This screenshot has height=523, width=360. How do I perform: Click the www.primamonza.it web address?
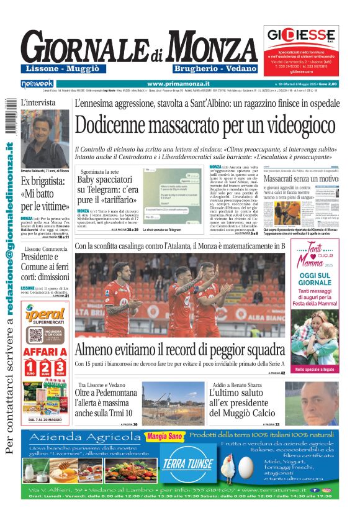pos(178,83)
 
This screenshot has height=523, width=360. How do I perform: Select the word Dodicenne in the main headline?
pos(120,126)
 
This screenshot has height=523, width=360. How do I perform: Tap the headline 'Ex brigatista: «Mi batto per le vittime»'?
pos(45,193)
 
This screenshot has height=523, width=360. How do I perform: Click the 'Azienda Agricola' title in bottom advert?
pos(79,437)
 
